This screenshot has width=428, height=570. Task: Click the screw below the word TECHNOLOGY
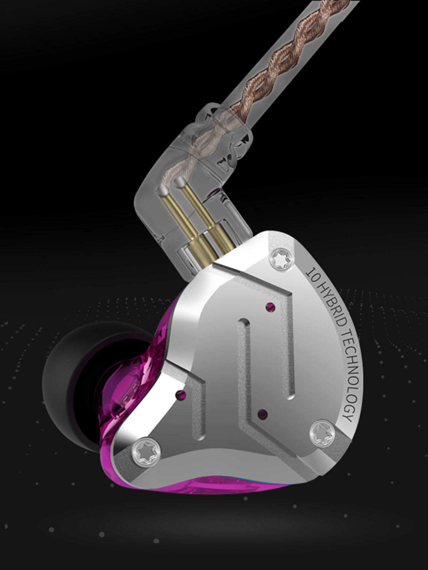323,432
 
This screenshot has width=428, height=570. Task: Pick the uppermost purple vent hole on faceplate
271,308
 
